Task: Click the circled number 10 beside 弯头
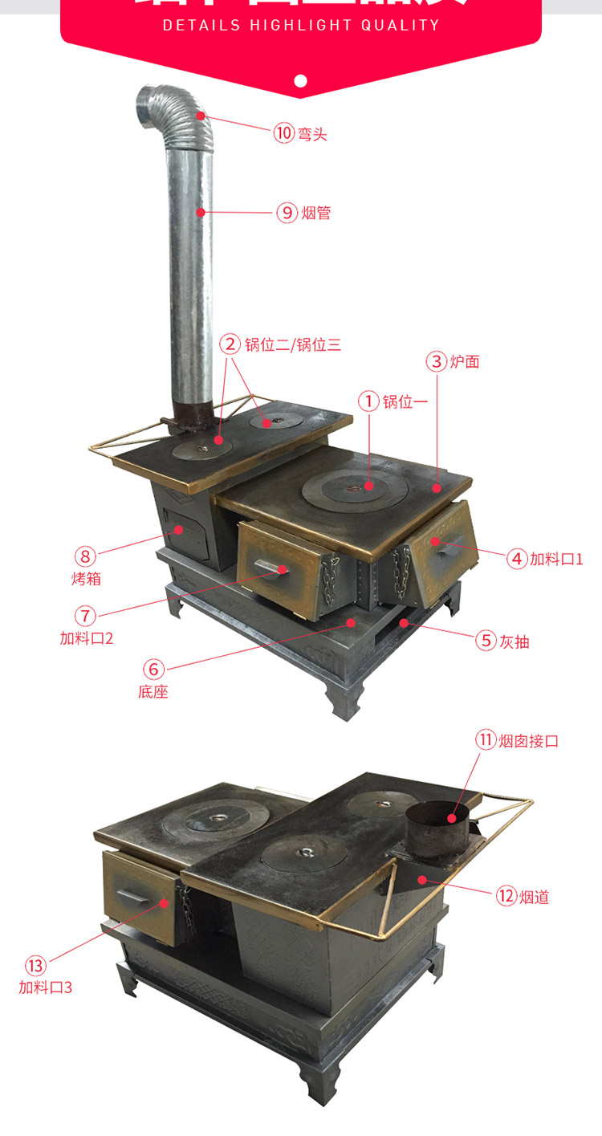(284, 132)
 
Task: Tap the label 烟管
(316, 213)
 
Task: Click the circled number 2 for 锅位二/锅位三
(230, 344)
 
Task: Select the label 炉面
(464, 361)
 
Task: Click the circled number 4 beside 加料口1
(517, 559)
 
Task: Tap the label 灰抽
(515, 641)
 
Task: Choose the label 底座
(153, 691)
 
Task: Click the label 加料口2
(86, 639)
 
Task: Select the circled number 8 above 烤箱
(85, 556)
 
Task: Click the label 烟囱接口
(528, 740)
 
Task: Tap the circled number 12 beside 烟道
(506, 896)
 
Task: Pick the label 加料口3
(46, 987)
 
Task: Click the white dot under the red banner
(301, 80)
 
